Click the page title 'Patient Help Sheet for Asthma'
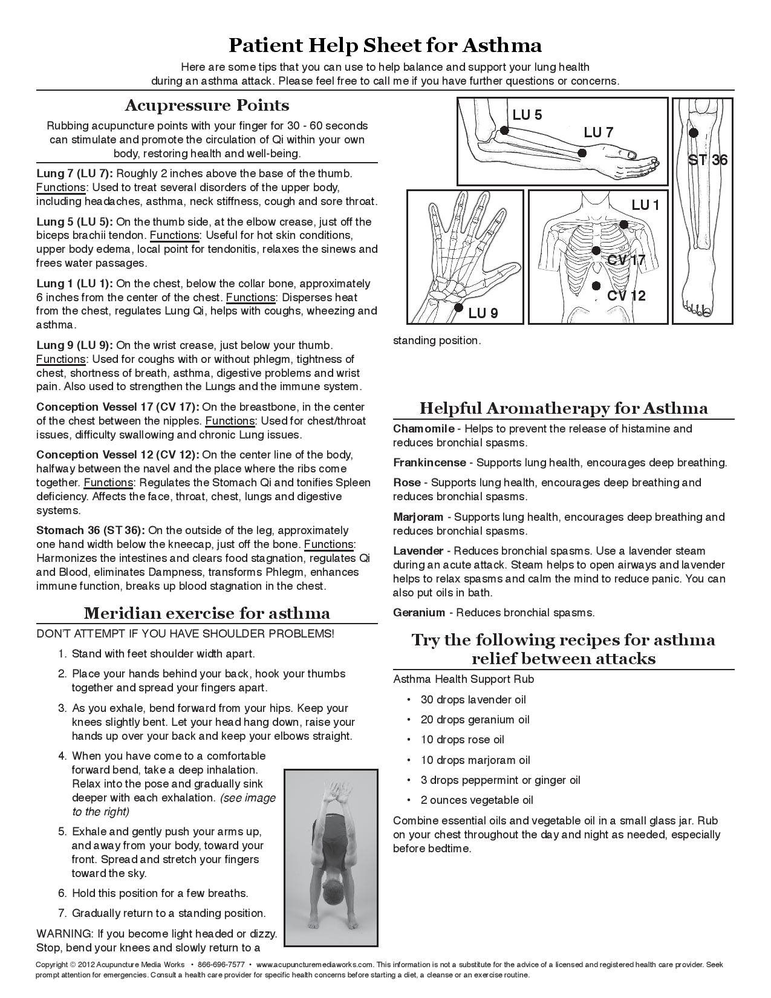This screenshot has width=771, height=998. tap(385, 45)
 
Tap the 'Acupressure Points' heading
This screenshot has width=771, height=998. tap(207, 105)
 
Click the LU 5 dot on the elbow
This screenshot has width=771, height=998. tap(504, 129)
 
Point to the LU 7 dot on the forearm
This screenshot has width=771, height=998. tap(582, 154)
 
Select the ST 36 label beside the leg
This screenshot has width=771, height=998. tap(708, 160)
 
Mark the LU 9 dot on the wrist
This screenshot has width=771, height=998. tap(457, 307)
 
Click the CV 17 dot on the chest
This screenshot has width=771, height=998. tap(596, 250)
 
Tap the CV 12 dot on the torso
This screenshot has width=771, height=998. tap(596, 285)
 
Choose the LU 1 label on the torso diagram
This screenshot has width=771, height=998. tap(645, 206)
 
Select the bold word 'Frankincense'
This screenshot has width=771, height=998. tap(429, 463)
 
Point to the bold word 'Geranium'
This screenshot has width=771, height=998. tap(418, 613)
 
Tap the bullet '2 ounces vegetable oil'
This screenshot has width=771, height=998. tap(477, 800)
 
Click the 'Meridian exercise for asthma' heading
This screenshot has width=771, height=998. tap(207, 613)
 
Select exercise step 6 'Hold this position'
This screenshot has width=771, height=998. tap(160, 893)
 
